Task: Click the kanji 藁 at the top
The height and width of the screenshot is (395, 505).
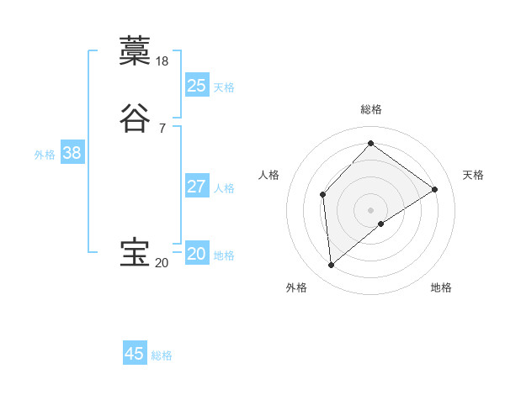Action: tap(135, 51)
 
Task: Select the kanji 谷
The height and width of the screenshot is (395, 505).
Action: tap(135, 118)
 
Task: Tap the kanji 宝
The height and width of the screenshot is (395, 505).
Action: tap(135, 253)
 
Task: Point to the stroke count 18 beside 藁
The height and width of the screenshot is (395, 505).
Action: tap(163, 61)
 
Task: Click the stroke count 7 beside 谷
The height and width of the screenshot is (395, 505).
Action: tap(162, 128)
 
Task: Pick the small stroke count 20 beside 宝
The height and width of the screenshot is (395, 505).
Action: tap(162, 263)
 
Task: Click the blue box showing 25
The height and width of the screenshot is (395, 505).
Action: tap(197, 86)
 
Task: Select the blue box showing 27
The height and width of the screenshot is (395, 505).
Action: tap(197, 187)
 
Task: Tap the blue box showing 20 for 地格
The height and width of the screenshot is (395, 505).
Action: tap(197, 254)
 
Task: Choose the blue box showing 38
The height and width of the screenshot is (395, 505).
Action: tap(72, 153)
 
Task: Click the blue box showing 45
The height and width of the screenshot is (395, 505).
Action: tap(135, 354)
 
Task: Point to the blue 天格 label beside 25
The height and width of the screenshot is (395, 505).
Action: tap(224, 87)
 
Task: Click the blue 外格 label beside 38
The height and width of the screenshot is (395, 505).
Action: tap(45, 155)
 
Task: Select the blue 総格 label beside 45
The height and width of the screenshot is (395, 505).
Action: tap(162, 355)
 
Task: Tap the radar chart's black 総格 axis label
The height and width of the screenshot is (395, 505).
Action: tap(371, 109)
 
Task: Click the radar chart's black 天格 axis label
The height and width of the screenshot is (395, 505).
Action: tap(473, 175)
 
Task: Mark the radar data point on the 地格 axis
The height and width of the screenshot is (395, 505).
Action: tap(381, 224)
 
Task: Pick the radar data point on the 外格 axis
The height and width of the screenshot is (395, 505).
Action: tap(332, 266)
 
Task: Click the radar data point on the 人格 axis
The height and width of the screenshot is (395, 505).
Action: tap(323, 195)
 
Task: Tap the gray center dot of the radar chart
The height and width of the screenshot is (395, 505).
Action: tap(371, 210)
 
